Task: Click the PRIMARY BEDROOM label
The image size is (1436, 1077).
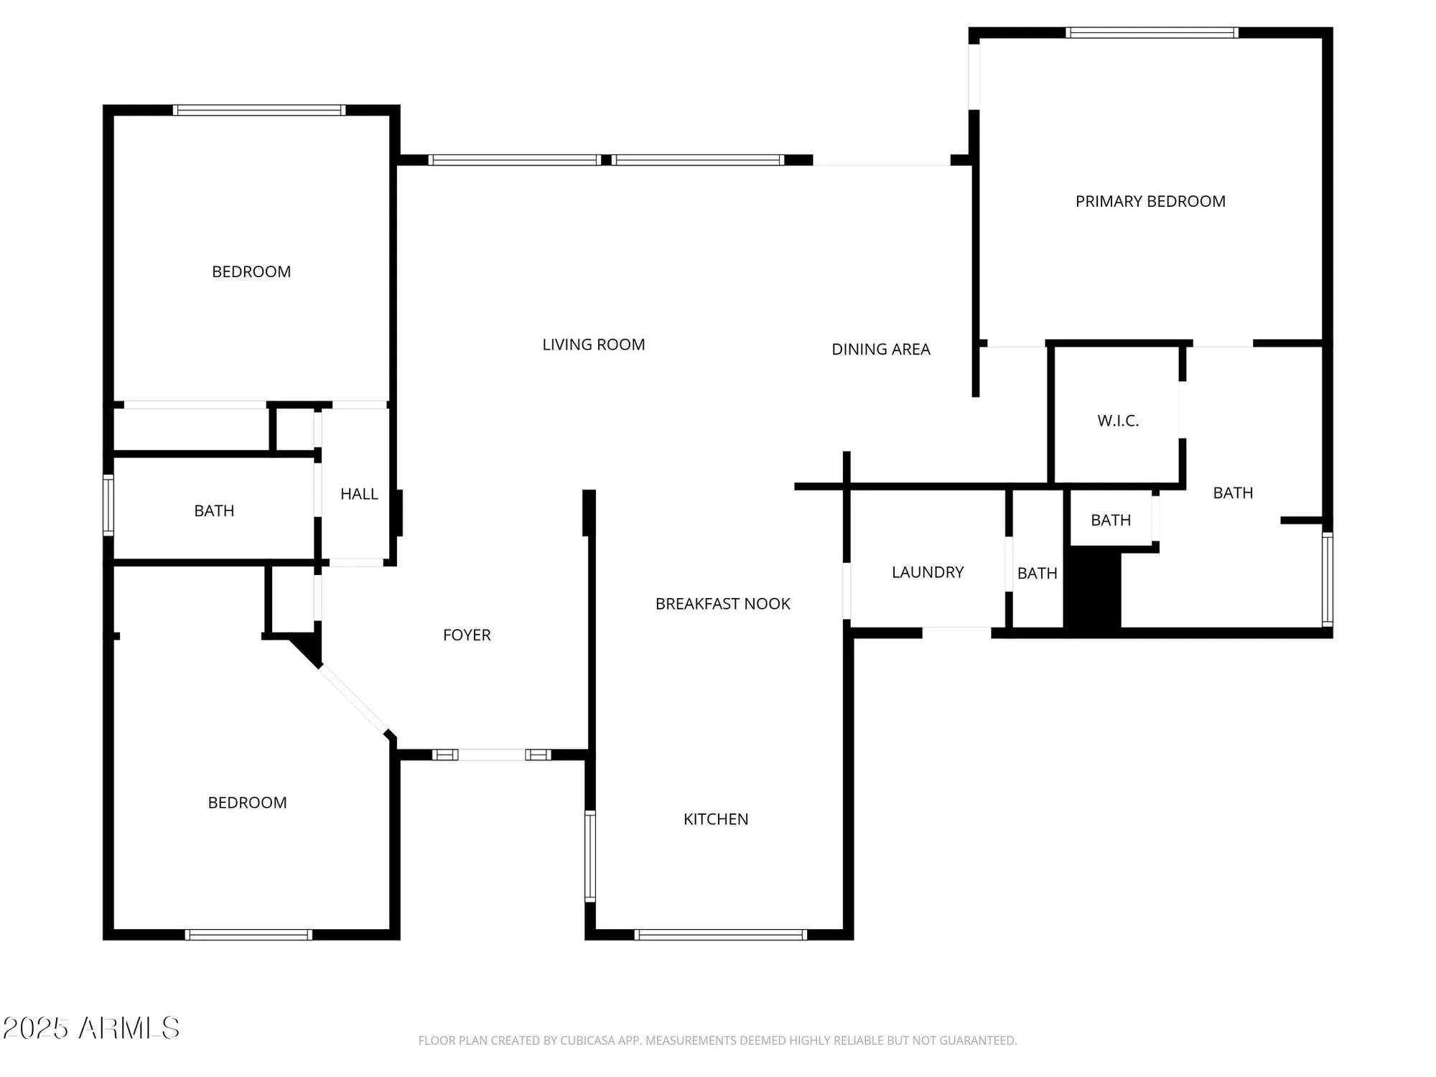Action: coord(1150,202)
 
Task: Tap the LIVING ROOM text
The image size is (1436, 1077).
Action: coord(593,345)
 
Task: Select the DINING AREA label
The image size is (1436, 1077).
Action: coord(880,350)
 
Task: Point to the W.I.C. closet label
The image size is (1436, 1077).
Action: coord(1117,421)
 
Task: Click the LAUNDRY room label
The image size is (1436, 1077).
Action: coord(927,572)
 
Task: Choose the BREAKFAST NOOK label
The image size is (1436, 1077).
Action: coord(722,604)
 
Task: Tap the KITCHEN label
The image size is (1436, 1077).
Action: coord(715,819)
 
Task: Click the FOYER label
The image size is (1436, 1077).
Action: coord(467,635)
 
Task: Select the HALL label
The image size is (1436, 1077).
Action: coord(359,494)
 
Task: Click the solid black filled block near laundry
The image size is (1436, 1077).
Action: coord(1092,589)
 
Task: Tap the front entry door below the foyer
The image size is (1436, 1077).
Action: coord(492,755)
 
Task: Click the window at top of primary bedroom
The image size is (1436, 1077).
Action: coord(1152,32)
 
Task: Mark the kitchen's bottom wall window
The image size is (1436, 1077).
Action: coord(720,935)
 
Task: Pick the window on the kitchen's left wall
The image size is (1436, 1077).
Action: coord(589,856)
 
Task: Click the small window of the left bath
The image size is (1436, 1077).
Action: coord(108,505)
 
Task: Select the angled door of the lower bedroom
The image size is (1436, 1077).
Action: coord(353,699)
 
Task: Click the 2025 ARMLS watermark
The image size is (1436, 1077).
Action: coord(91,1028)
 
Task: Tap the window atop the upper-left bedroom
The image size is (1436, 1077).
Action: coord(259,110)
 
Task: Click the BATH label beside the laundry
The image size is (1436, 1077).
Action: coord(1037,574)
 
